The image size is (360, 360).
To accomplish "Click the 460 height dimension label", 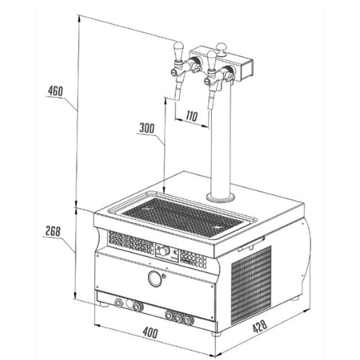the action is (55, 91).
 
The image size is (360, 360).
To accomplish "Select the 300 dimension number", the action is (147, 128).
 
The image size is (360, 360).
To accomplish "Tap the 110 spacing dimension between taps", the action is (192, 116).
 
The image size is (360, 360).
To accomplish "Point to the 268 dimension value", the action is (53, 231).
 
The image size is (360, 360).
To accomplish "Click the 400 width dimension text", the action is (150, 332).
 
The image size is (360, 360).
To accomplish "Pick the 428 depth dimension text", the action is (260, 326).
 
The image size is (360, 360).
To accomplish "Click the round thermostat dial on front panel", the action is (163, 251).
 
